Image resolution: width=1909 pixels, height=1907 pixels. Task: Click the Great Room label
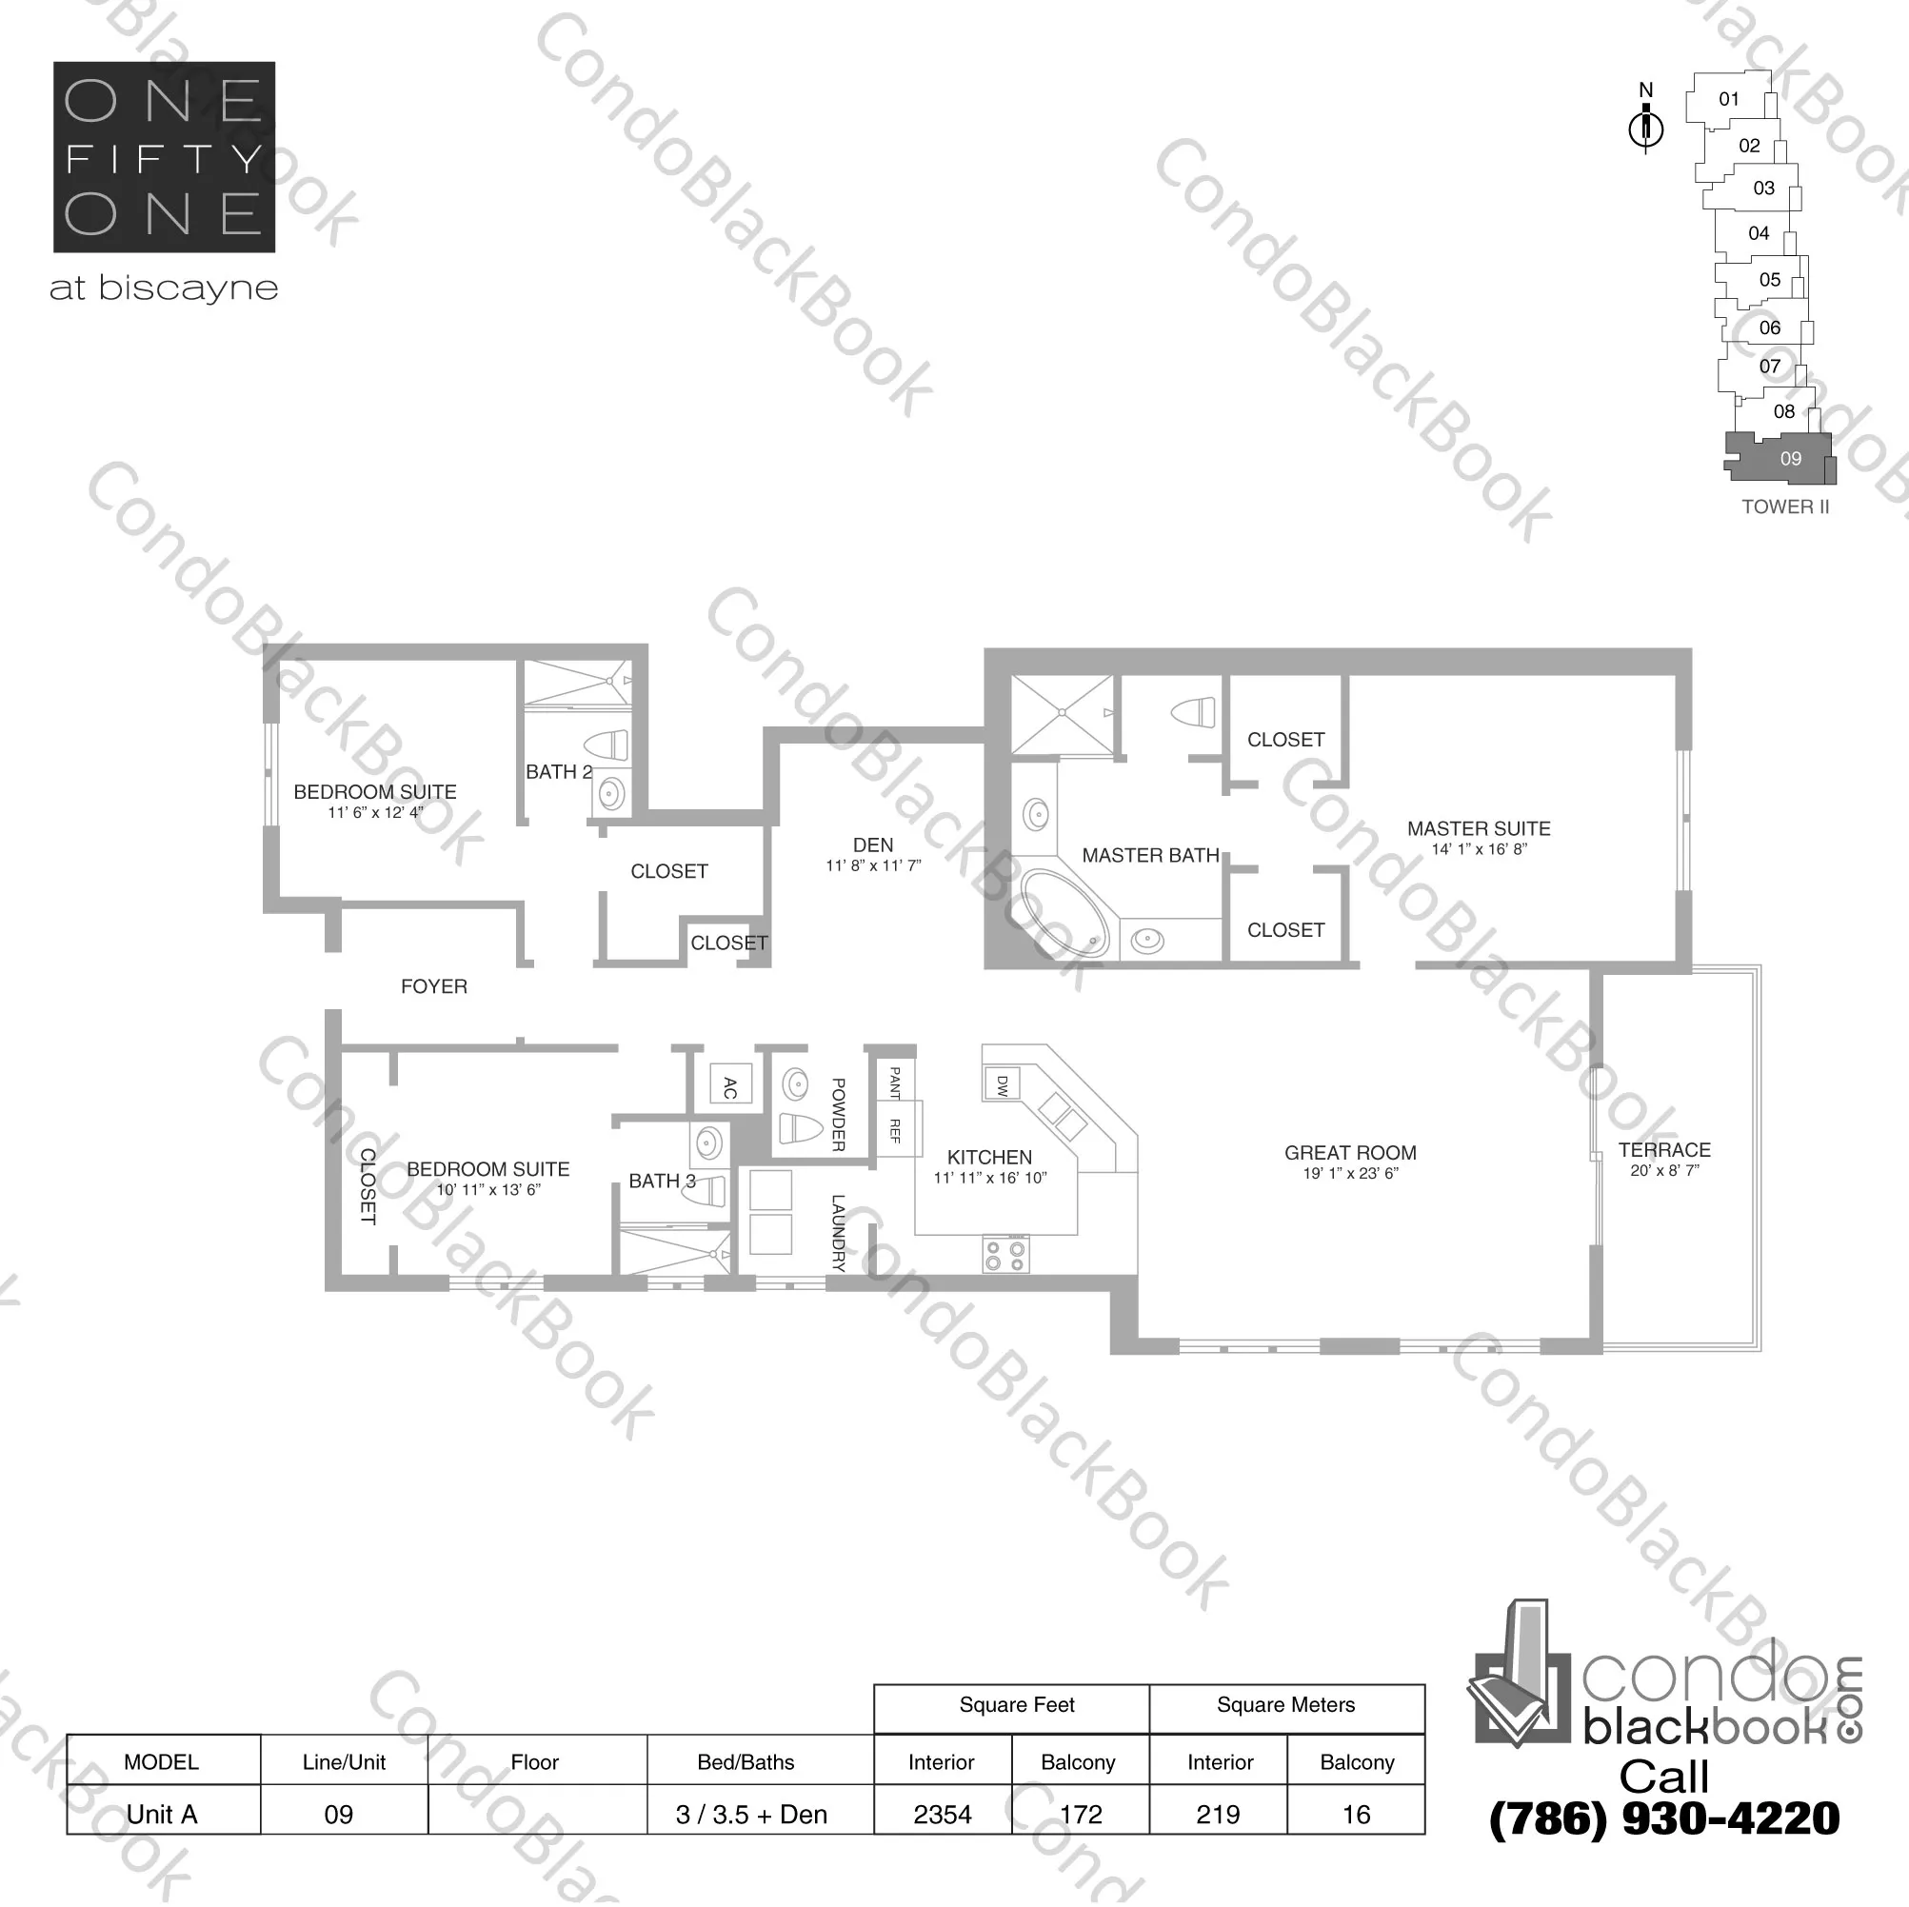[1350, 1153]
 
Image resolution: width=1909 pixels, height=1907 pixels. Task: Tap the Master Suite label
[1479, 829]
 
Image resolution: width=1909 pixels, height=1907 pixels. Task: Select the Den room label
[872, 845]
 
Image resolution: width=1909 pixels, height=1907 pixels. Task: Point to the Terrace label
[1664, 1150]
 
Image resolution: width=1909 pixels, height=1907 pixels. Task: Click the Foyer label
[434, 986]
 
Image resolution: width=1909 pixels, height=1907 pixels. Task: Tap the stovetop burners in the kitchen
[1005, 1255]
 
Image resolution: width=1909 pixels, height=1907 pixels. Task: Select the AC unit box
[730, 1088]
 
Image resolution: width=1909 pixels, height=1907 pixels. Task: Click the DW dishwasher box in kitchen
[1001, 1085]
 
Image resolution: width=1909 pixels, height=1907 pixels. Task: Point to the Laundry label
[838, 1232]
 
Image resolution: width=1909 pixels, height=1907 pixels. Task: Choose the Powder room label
[838, 1115]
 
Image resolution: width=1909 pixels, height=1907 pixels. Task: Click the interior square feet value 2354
[942, 1814]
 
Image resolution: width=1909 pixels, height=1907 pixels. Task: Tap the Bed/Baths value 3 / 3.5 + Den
[751, 1814]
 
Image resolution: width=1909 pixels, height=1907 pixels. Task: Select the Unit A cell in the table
[162, 1814]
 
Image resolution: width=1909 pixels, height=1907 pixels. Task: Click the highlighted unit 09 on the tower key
[1789, 459]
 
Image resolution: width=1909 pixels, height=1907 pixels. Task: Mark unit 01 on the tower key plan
[1728, 99]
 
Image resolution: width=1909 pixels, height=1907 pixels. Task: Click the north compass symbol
[1645, 128]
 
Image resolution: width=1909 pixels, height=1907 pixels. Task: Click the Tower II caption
[1784, 507]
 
